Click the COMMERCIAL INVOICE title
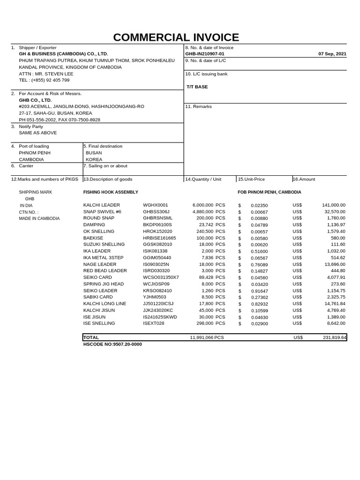(x=176, y=37)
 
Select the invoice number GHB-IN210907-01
(x=205, y=54)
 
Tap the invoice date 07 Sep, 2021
(x=332, y=54)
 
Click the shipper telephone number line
(x=44, y=80)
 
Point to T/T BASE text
(x=197, y=87)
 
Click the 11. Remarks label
(x=198, y=106)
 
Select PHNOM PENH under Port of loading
(x=35, y=153)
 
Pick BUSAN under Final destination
(x=94, y=153)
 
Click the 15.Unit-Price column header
(x=251, y=179)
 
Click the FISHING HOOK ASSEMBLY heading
(x=111, y=192)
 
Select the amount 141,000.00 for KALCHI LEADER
(x=333, y=205)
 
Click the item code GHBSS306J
(x=156, y=212)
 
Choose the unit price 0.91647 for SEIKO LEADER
(x=259, y=291)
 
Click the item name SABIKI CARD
(x=98, y=297)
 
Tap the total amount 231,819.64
(x=334, y=337)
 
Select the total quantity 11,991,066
(x=201, y=337)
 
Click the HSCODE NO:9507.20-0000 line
(x=112, y=344)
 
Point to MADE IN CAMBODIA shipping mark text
(x=39, y=218)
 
